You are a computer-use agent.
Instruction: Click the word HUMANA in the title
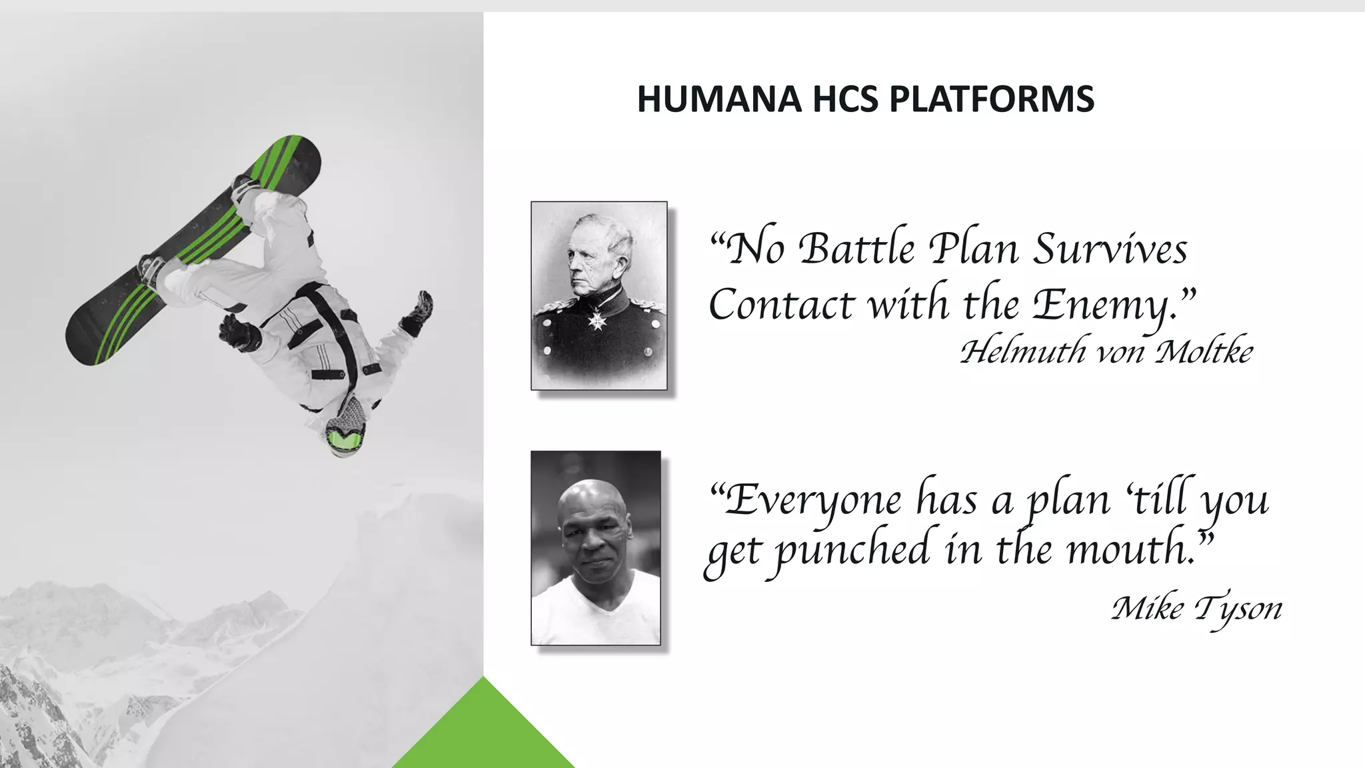click(718, 99)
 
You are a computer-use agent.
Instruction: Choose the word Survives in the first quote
click(1110, 249)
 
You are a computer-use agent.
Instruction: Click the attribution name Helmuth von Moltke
click(1106, 351)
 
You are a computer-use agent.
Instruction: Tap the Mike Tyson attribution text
click(1196, 608)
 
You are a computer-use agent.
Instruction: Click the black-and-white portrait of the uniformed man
click(599, 295)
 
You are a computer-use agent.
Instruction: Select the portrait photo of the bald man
click(596, 548)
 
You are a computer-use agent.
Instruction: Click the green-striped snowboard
click(193, 250)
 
